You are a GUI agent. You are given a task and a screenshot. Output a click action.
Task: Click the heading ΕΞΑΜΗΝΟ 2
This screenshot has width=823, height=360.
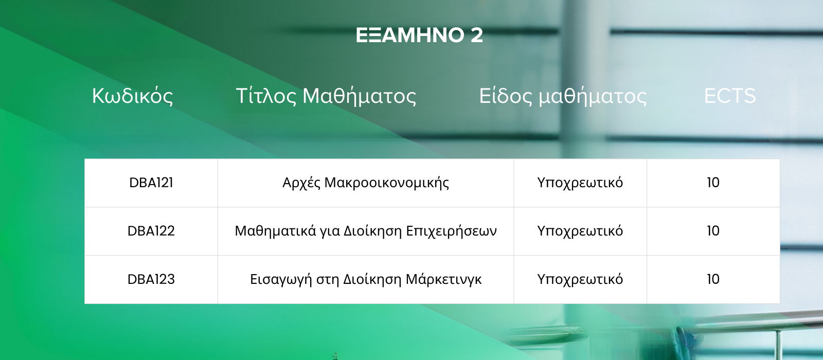pos(419,35)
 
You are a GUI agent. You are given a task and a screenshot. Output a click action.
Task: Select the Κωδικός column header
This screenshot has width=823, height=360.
pos(132,96)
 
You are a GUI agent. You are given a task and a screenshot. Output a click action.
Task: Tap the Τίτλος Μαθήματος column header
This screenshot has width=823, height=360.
pos(326,96)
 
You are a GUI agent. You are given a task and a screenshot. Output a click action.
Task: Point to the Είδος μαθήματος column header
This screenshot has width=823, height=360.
pos(563,96)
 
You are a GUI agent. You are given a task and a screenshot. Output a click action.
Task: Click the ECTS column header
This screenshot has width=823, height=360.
pos(730,96)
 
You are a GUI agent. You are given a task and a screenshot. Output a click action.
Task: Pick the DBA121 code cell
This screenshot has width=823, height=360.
pos(151,183)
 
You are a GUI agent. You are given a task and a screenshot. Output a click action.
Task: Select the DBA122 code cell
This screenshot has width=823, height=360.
pos(151,231)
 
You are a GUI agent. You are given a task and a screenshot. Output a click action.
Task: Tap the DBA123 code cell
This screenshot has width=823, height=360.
pos(151,280)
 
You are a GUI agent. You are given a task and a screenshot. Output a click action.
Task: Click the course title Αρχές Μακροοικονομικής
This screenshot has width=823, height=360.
pos(366,183)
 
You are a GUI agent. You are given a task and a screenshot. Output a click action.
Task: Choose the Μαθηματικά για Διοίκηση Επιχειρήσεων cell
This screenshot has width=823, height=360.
pos(366,231)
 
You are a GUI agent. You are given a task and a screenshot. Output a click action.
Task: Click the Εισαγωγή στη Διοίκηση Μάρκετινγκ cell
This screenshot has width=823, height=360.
pos(366,280)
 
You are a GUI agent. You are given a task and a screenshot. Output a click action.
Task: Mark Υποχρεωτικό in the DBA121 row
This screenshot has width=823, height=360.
pos(580,183)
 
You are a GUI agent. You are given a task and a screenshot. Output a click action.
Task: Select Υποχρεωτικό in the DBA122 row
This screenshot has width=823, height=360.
pos(580,231)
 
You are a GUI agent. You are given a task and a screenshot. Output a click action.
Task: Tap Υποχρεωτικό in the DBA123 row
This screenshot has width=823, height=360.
pos(580,280)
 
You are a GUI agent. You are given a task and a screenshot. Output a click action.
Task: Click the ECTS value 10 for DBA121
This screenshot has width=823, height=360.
pos(713,183)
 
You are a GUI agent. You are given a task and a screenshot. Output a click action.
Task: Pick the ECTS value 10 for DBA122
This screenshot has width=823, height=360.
pos(713,231)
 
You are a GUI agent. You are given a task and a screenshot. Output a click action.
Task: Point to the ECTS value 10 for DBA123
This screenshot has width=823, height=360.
pos(713,280)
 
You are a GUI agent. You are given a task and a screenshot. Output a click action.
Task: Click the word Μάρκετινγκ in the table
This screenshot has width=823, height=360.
pos(443,280)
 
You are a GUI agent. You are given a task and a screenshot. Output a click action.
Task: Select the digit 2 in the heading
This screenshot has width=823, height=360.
pos(476,35)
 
